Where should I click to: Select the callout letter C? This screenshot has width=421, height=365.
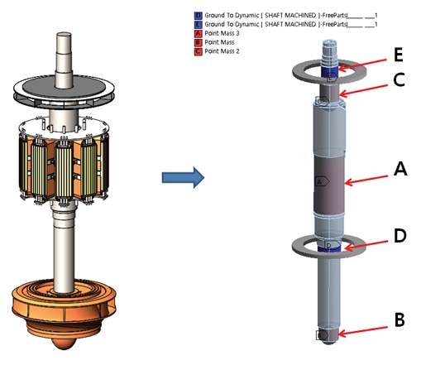(399, 81)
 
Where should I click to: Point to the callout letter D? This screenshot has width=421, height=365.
(399, 236)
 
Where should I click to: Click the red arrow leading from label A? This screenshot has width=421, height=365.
(368, 175)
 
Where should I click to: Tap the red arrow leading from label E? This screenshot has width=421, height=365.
(367, 63)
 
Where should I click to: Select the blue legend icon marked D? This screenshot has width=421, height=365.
(197, 16)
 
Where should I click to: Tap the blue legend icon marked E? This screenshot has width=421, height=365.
(197, 25)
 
